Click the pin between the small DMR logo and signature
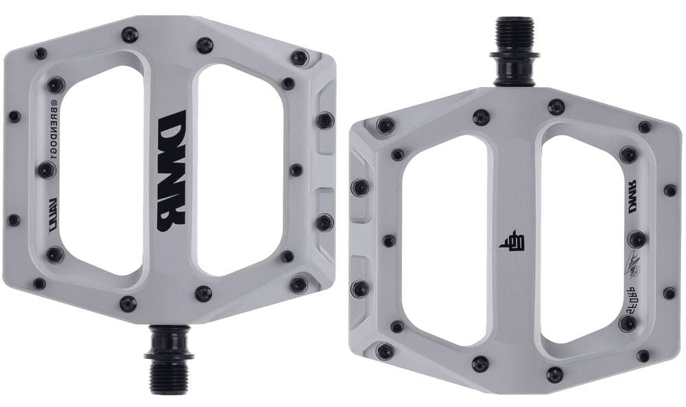637,239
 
